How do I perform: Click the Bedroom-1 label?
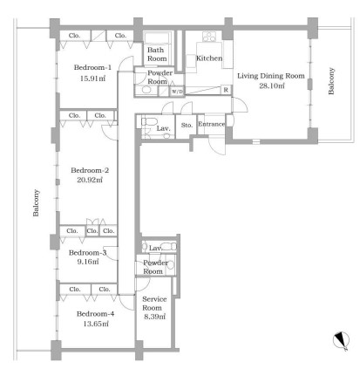[92, 67]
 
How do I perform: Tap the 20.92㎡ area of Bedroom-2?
[90, 180]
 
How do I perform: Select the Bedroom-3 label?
[87, 252]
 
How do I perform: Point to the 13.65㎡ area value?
[96, 324]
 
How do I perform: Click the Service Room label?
[154, 304]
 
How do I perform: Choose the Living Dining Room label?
[271, 76]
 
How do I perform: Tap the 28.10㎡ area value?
[272, 85]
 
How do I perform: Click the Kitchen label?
[209, 58]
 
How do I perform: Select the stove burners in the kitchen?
[209, 37]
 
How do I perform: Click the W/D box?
[177, 92]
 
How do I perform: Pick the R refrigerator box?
[226, 90]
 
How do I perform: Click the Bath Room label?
[157, 54]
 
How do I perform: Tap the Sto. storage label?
[187, 125]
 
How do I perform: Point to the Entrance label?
[211, 124]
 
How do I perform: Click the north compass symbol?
[341, 340]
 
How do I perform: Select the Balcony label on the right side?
[331, 81]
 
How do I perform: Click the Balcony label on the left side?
[36, 203]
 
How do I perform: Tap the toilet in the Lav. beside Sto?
[149, 121]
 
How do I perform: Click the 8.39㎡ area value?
[155, 317]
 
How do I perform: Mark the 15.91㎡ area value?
[92, 79]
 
